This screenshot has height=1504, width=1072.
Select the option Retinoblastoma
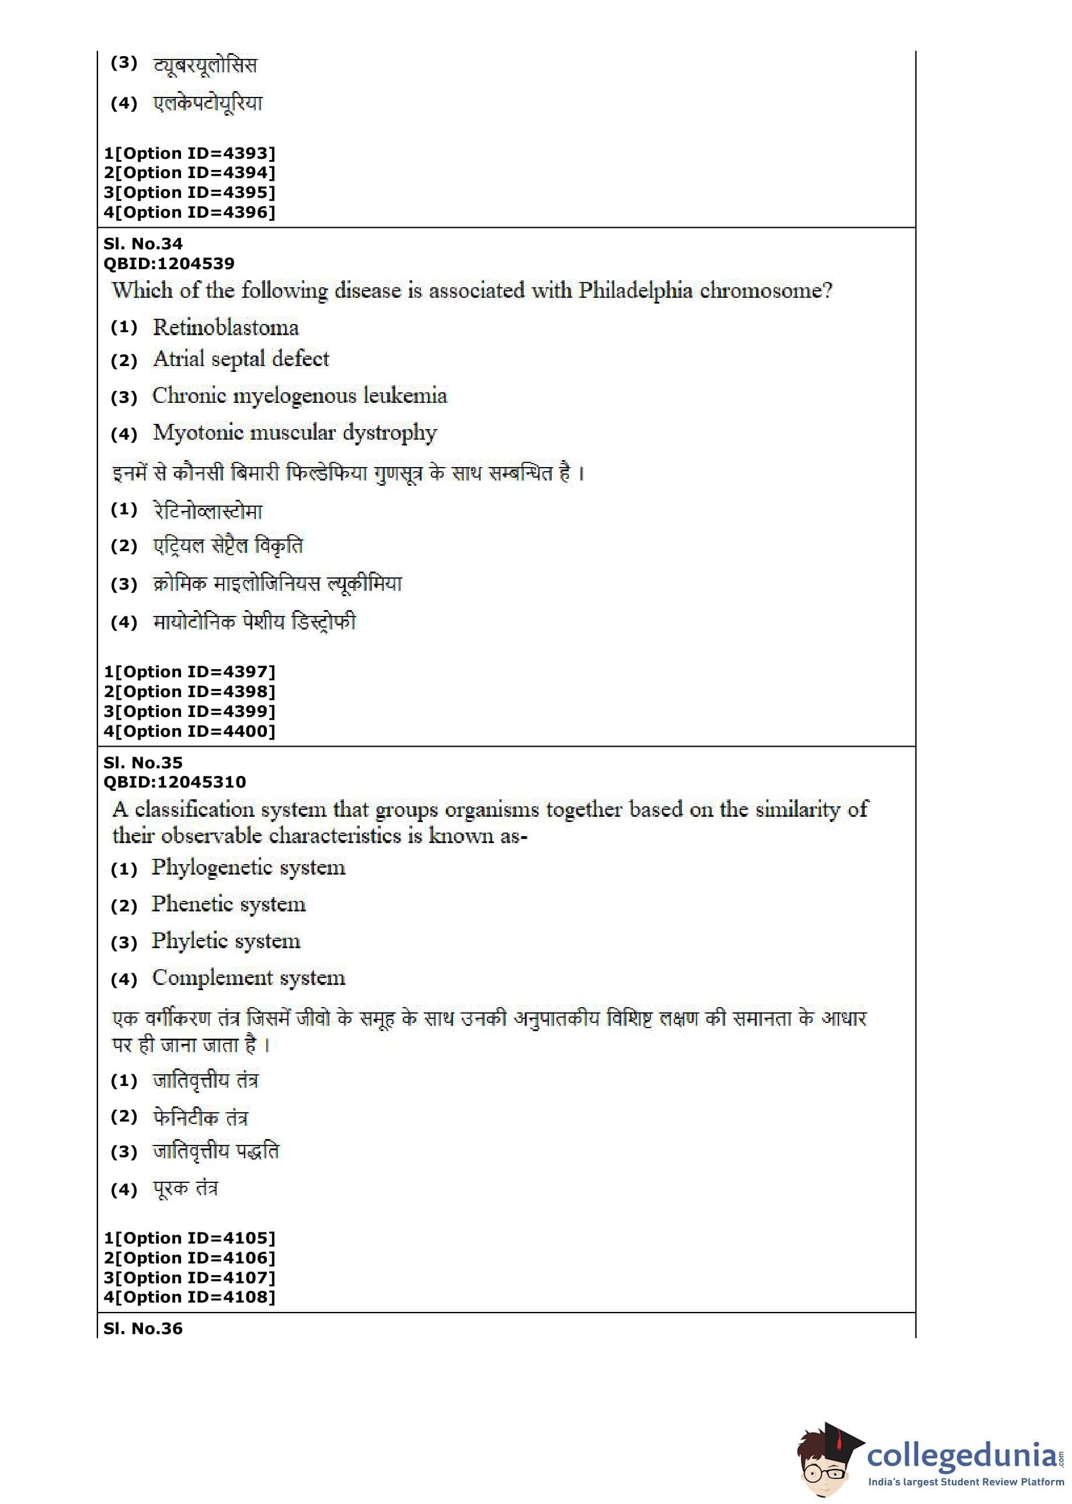pos(225,328)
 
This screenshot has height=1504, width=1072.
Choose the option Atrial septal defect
pos(241,359)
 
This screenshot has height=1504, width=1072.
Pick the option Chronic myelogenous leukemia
pos(299,396)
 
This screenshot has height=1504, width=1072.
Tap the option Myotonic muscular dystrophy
pos(294,433)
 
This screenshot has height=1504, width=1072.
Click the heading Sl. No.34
pos(143,243)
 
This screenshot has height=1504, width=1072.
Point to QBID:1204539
pos(169,263)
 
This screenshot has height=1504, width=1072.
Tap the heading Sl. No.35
pos(143,763)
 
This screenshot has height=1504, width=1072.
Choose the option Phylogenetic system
pos(248,868)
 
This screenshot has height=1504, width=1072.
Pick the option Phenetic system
pos(228,904)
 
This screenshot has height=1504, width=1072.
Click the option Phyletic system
pos(226,941)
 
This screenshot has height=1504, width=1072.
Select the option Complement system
pos(248,978)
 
